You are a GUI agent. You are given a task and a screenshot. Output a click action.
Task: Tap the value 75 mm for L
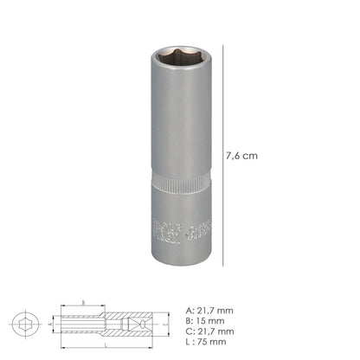point(212,342)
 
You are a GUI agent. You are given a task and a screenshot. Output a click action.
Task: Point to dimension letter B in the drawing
point(82,304)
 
